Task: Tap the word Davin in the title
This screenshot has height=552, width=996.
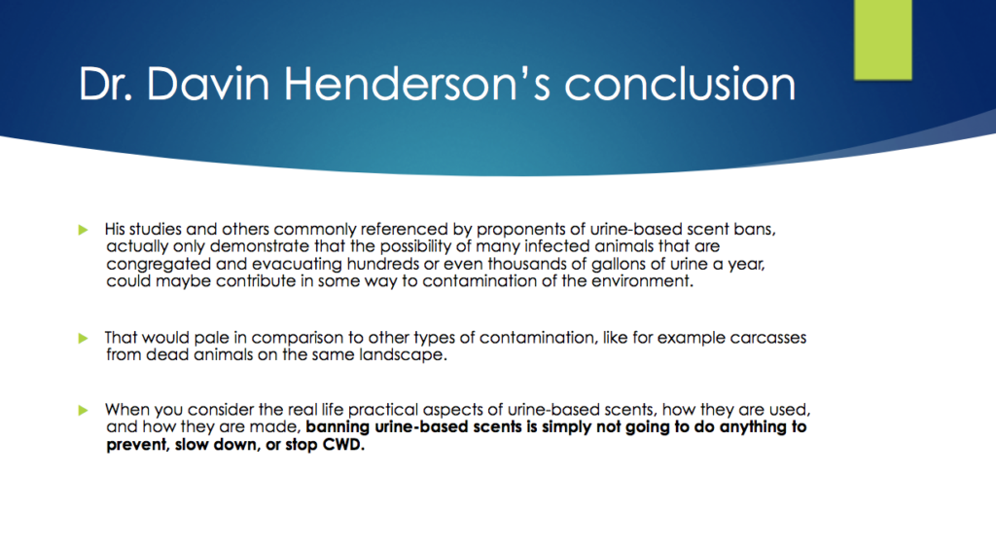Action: [x=208, y=84]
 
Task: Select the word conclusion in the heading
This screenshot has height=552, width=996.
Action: [x=680, y=84]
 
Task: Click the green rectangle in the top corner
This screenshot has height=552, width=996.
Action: [x=883, y=39]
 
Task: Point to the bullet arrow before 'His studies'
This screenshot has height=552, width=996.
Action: [x=84, y=230]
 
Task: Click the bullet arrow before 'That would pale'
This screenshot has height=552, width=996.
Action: [x=84, y=338]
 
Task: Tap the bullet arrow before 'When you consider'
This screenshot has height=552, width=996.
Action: [x=84, y=410]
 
